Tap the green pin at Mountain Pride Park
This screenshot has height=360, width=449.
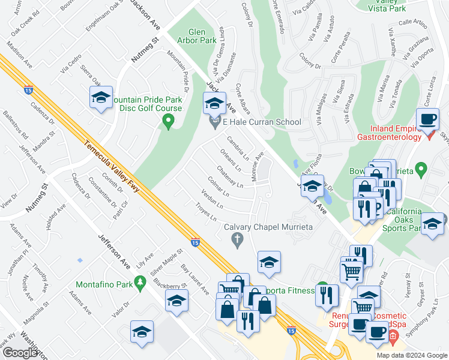point(169,123)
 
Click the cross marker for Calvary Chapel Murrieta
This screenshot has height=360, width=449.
point(237,240)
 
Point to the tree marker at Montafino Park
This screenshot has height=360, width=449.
point(140,281)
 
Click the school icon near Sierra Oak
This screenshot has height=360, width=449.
point(101,98)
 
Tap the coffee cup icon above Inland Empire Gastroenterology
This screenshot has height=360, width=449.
point(428,118)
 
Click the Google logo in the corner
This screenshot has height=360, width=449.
point(19,352)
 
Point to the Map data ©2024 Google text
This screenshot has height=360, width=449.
point(411,355)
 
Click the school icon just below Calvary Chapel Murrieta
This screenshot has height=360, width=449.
point(270,262)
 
